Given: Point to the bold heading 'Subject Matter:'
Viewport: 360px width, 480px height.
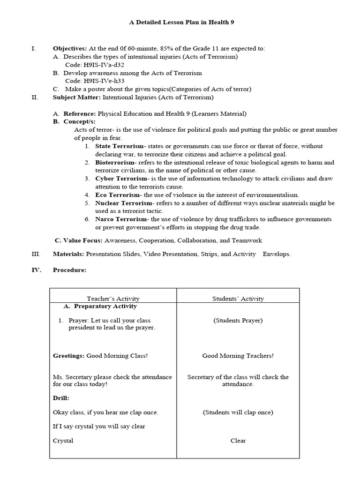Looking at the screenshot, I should (x=76, y=97).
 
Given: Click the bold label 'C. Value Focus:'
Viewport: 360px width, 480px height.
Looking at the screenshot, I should (x=78, y=240).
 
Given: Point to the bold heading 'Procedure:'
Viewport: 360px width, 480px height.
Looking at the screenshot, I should (x=69, y=270).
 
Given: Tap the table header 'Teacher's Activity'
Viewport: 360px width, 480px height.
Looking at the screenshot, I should (x=113, y=299).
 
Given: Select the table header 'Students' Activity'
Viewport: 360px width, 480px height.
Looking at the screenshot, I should (x=238, y=299).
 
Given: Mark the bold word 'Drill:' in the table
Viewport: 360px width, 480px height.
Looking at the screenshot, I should (x=61, y=398).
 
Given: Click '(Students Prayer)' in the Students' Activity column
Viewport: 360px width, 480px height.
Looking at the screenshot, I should (x=238, y=321).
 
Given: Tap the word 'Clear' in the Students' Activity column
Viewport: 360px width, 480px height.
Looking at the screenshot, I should (x=238, y=441).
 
